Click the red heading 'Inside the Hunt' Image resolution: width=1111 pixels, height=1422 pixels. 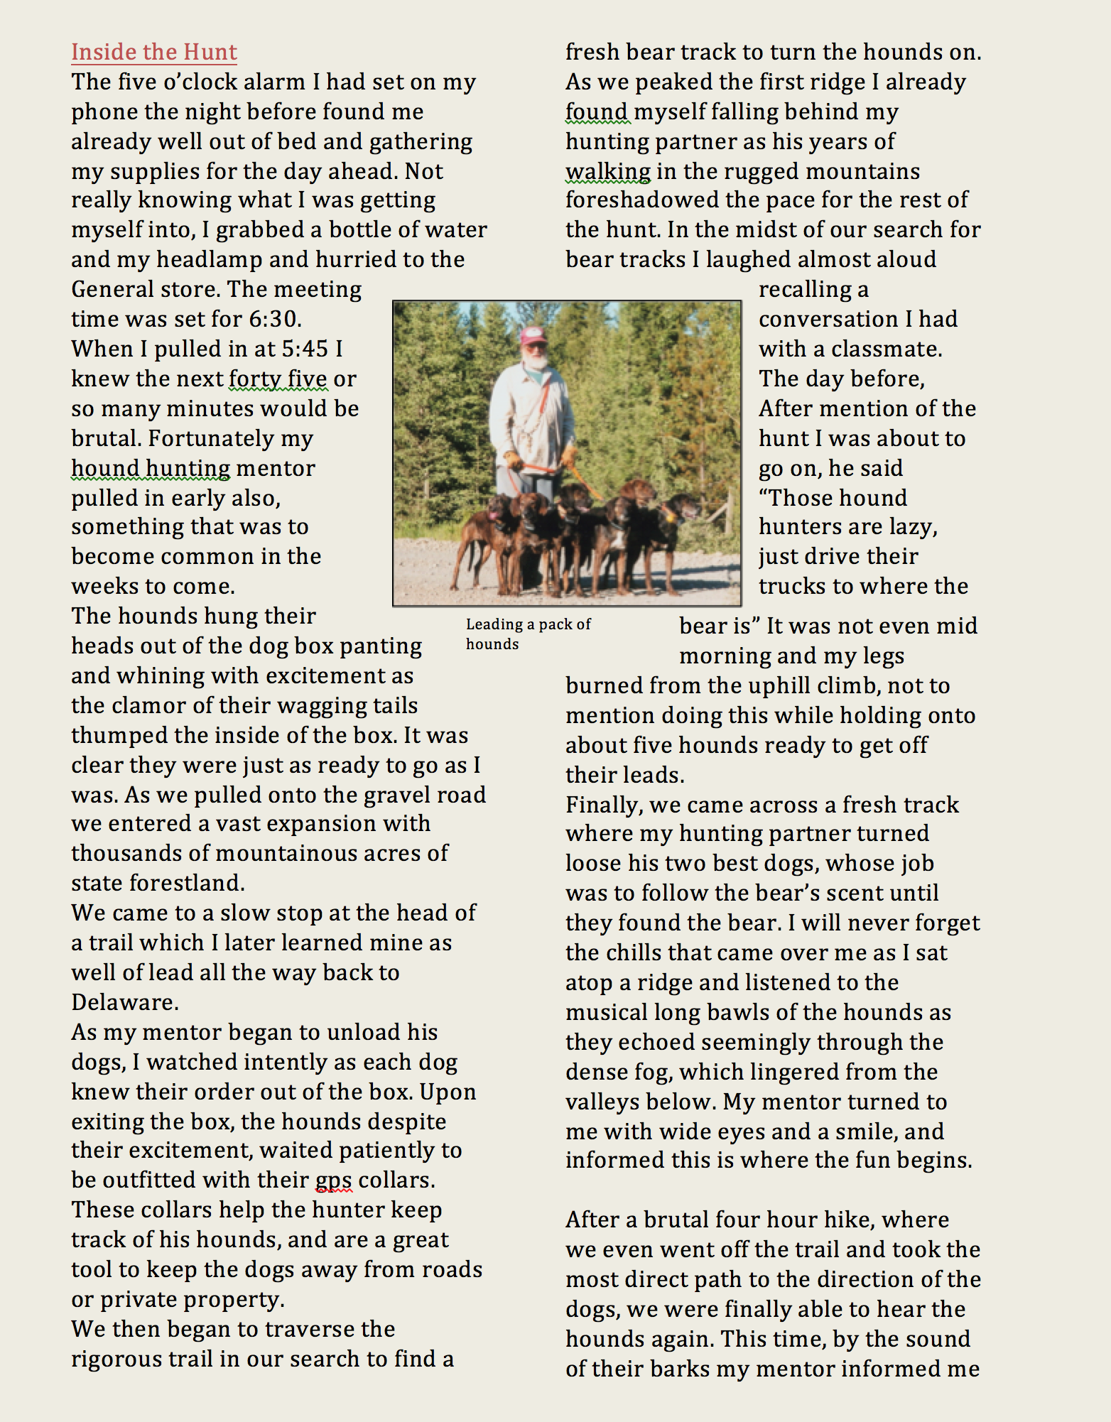(154, 52)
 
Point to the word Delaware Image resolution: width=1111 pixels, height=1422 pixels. (124, 1002)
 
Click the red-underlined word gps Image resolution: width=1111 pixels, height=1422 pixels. (333, 1180)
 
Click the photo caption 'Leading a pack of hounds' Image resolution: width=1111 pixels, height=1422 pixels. (528, 634)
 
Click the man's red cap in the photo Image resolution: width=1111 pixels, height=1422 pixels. (532, 334)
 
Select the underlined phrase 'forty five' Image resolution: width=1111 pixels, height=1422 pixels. (278, 379)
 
